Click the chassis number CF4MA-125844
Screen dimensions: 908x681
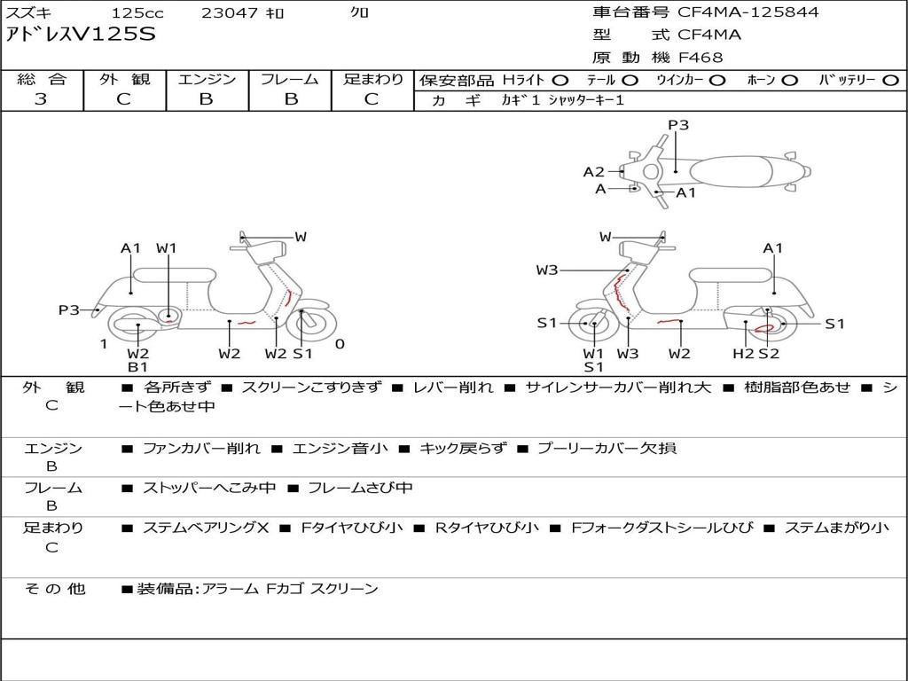tap(748, 12)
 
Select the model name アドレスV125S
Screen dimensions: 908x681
tap(81, 35)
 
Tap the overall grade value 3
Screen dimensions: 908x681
tap(41, 98)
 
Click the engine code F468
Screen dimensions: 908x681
tap(701, 58)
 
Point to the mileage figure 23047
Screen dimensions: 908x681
tap(230, 12)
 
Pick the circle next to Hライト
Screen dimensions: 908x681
tap(560, 81)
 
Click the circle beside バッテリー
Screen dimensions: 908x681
tap(890, 81)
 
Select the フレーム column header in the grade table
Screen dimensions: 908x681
tap(290, 79)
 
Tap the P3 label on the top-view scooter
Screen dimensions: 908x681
tap(678, 124)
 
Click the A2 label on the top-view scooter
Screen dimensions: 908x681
tap(593, 171)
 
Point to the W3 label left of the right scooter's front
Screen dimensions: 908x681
tap(546, 270)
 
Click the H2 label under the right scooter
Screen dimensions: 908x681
tap(744, 353)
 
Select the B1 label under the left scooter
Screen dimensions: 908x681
tap(137, 366)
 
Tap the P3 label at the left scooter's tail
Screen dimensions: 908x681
tap(69, 309)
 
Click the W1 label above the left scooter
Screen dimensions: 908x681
tap(166, 248)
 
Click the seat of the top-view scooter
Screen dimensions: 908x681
tap(731, 172)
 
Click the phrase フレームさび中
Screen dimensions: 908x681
tap(360, 488)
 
